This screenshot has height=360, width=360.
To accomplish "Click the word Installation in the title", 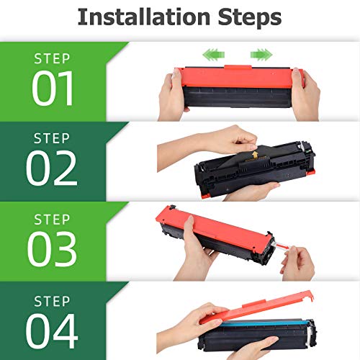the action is [144, 17].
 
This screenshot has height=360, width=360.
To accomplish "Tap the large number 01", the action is [53, 89].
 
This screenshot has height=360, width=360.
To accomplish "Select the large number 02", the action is [52, 168].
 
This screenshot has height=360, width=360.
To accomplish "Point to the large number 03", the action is [52, 249].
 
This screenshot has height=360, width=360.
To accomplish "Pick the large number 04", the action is [52, 330].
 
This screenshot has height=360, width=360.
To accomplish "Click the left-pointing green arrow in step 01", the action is [214, 55].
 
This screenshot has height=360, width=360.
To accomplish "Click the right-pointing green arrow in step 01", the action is [261, 55].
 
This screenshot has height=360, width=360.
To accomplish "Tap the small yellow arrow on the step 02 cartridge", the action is [255, 155].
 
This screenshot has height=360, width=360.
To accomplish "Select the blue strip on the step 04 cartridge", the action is [264, 323].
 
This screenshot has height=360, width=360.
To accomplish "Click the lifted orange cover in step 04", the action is [257, 308].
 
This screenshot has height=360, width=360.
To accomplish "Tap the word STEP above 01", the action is [52, 59].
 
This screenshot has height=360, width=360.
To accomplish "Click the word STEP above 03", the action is [52, 220].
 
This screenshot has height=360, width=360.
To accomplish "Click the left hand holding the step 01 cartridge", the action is [171, 95].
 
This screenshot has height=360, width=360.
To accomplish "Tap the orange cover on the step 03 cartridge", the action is [215, 232].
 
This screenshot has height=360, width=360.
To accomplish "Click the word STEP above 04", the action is [52, 301].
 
